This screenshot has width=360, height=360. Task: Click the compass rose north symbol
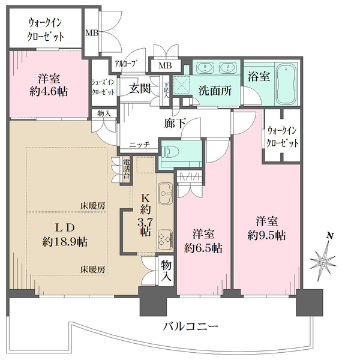click(x=325, y=256)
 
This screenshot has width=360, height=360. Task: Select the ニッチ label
click(x=139, y=144)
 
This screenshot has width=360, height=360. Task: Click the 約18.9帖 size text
click(x=65, y=242)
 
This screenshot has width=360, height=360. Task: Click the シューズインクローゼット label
click(x=103, y=88)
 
